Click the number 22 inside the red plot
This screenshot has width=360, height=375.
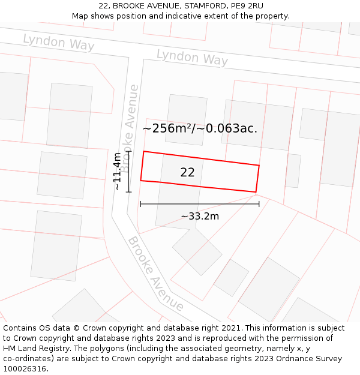coord(187,173)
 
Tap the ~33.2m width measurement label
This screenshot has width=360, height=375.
coord(200,216)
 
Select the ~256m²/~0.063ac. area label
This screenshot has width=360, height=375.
coord(200,128)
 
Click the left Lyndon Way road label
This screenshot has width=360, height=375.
coord(59,42)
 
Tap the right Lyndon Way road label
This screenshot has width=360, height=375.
coord(192,58)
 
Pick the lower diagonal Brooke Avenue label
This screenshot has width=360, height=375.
coord(155,274)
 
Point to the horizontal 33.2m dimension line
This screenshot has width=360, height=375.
coord(200,204)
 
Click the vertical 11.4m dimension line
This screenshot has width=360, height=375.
coord(129,171)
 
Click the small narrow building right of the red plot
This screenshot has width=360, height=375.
coord(293,170)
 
